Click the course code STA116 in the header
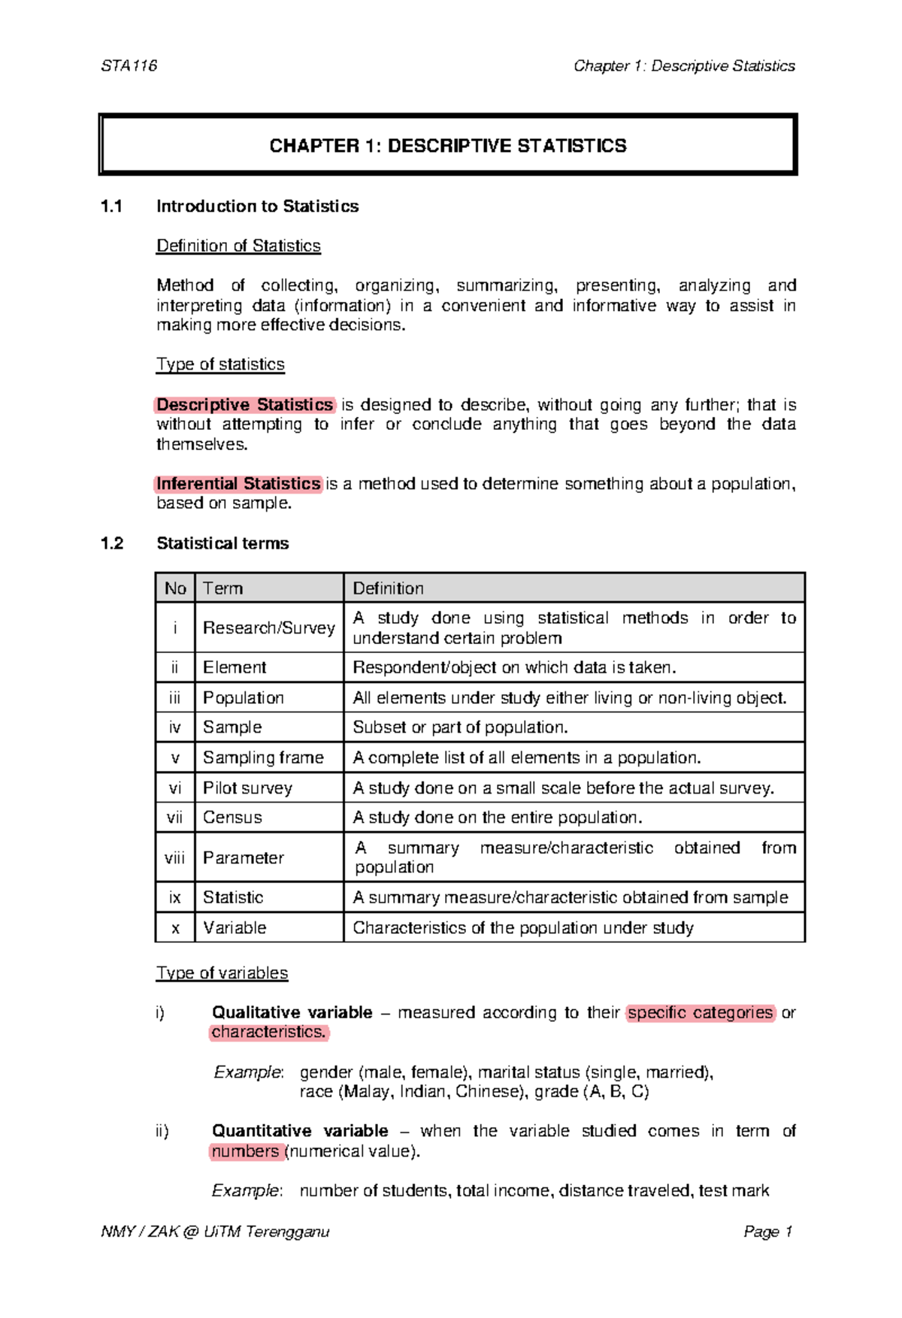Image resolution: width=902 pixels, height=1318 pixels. click(x=129, y=66)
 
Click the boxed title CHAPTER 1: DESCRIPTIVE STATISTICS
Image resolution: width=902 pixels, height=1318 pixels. click(x=448, y=146)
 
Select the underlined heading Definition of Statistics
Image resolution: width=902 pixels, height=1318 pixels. click(x=238, y=246)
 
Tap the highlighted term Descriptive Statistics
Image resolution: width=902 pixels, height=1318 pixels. click(x=245, y=405)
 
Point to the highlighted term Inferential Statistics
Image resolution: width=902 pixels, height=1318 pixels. click(x=238, y=484)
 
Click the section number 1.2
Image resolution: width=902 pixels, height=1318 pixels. click(x=112, y=543)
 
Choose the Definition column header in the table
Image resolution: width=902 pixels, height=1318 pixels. click(x=388, y=588)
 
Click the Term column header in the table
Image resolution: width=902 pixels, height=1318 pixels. click(x=222, y=588)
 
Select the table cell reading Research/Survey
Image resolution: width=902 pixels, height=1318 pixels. click(x=268, y=627)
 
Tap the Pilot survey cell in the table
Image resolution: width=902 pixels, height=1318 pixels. click(x=247, y=787)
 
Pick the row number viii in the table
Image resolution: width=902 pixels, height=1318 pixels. click(x=174, y=857)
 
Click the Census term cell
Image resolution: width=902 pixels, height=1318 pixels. click(x=232, y=818)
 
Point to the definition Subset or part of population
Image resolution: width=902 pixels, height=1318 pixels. click(x=460, y=727)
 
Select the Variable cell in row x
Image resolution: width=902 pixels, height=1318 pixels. click(x=235, y=927)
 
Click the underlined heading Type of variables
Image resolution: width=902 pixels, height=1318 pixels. click(x=222, y=973)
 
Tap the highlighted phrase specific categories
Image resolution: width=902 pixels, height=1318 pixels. click(x=700, y=1013)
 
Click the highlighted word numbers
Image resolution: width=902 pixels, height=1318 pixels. click(x=245, y=1151)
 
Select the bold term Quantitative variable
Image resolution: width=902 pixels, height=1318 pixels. click(x=300, y=1131)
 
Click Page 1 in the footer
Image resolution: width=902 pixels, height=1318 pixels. click(x=767, y=1232)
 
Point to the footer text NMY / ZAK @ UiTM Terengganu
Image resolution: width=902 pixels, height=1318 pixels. click(x=215, y=1232)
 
